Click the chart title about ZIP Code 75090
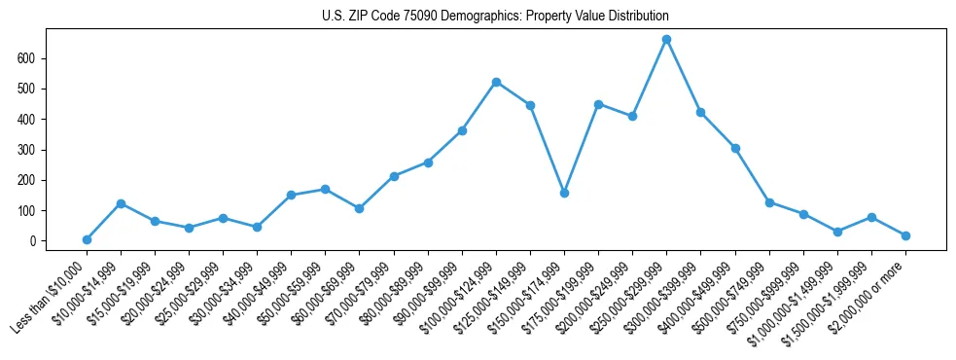[x=495, y=17]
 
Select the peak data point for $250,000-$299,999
[x=666, y=40]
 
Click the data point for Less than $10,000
[x=87, y=239]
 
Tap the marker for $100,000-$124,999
[x=496, y=83]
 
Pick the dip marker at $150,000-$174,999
[x=564, y=193]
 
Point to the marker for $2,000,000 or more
[x=905, y=235]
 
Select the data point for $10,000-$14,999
[x=121, y=203]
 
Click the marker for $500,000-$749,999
[x=769, y=202]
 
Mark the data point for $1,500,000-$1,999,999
[x=871, y=217]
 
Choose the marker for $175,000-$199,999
[x=598, y=104]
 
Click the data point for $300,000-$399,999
[x=700, y=113]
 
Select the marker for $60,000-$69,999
[x=359, y=208]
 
